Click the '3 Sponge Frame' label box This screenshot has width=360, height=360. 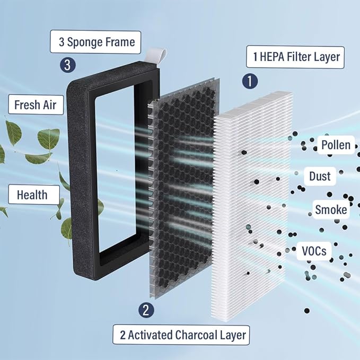coord(95,42)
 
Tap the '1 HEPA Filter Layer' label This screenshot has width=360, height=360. coord(295,57)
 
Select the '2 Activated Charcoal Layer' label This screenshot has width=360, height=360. coord(181,335)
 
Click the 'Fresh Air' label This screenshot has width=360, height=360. coord(36,104)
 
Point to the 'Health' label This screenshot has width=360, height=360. coord(34,195)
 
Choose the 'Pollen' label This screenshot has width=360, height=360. coord(336,145)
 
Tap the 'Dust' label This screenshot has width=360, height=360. coord(320,176)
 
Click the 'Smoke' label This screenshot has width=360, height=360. coord(331,209)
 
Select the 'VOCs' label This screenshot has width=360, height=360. coord(314,251)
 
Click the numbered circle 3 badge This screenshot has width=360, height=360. coord(68,65)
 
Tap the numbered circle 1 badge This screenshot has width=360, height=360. coord(250,81)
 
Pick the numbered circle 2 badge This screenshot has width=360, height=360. coord(146,310)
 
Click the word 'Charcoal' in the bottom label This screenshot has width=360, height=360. coord(196,335)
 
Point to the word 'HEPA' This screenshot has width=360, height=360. coord(272,57)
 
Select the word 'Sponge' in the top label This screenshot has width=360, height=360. coord(84,42)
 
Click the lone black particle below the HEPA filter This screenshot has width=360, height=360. coord(307,311)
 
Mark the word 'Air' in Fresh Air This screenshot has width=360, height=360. coord(50,105)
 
